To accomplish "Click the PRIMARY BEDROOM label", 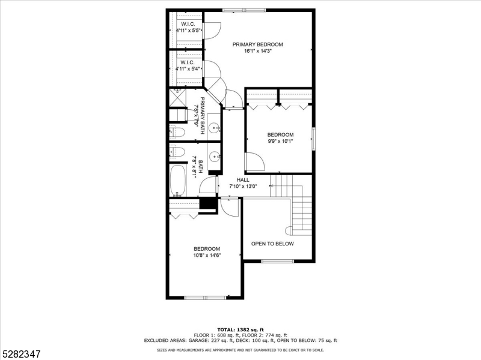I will click(257, 44).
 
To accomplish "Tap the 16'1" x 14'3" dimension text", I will click(257, 52).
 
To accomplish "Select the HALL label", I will click(243, 179).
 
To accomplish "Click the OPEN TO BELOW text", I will click(272, 244).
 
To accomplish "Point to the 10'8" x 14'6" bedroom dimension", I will click(206, 256).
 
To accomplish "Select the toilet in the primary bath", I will click(177, 132).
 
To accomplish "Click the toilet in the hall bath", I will click(177, 152).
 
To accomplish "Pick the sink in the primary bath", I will click(213, 128).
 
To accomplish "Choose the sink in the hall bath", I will click(213, 155).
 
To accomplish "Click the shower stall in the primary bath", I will click(177, 98).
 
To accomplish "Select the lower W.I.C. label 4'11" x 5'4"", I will click(188, 65).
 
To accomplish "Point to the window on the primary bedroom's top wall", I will click(244, 10).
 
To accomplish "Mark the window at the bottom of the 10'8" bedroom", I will click(205, 298).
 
